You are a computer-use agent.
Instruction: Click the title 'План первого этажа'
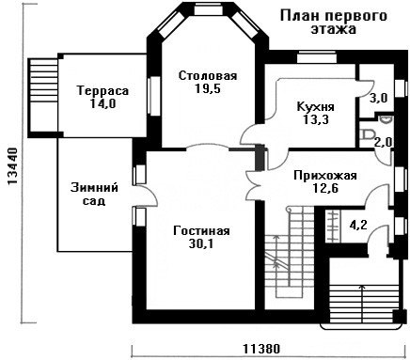tap(333, 23)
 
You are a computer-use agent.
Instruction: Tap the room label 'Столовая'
tap(208, 76)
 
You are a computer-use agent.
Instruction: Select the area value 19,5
tap(208, 88)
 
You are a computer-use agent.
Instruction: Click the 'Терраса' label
tap(103, 91)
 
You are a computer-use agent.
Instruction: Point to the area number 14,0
tap(103, 103)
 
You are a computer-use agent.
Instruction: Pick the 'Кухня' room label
tap(316, 107)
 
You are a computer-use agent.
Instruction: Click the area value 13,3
tap(316, 119)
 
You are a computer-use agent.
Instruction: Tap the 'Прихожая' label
tap(325, 176)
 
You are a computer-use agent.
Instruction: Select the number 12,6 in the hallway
tap(325, 188)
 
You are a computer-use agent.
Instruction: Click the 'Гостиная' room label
tap(201, 231)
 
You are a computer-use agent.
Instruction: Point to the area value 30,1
tap(201, 243)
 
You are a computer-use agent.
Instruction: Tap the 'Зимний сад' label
tap(94, 194)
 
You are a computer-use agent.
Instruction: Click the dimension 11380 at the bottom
tap(261, 349)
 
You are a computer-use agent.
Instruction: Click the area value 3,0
tap(378, 98)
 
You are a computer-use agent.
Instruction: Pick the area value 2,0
tap(383, 143)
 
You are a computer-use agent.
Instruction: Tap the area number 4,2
tap(359, 225)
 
